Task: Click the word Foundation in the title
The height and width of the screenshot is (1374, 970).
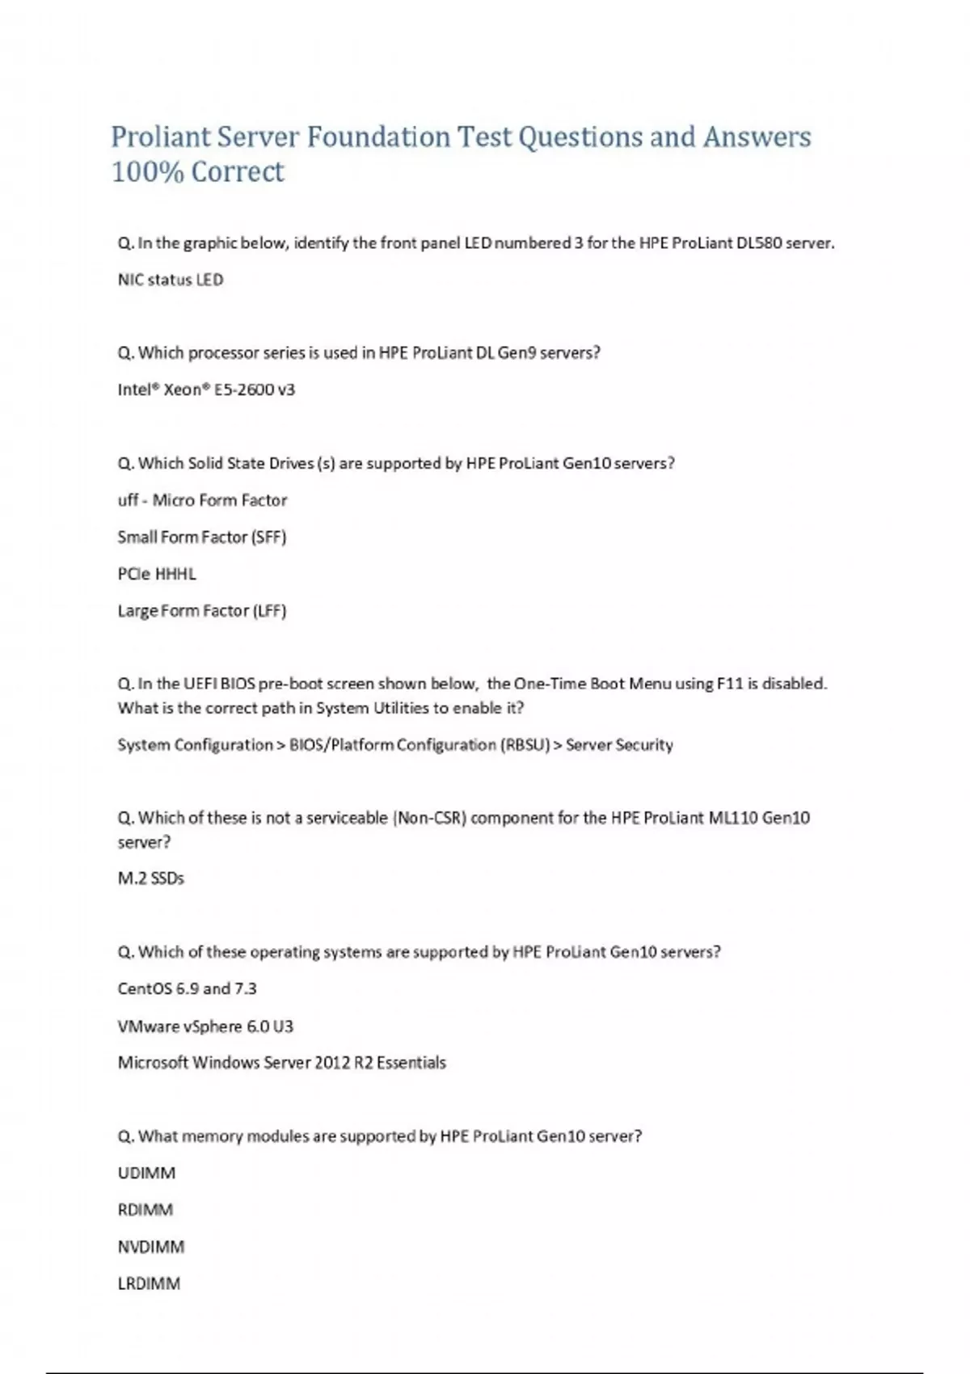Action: pos(377,137)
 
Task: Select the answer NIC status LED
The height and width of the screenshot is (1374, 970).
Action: pos(171,280)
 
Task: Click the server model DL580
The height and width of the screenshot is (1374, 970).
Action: pos(759,242)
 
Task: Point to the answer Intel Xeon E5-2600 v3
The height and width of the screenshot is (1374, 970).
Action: pos(206,390)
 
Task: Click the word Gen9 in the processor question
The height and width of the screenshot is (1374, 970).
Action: pos(517,352)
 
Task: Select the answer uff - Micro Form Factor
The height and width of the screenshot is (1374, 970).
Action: pos(202,500)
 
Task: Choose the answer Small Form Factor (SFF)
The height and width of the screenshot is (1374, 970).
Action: pos(202,537)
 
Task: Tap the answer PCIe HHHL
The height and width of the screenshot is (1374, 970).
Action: pos(157,574)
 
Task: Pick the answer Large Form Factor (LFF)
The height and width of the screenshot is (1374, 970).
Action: pos(202,611)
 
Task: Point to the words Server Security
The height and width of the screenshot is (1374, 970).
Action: pos(619,745)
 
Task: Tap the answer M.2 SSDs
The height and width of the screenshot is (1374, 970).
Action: pos(151,879)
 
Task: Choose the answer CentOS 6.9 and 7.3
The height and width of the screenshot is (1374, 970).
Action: pos(187,988)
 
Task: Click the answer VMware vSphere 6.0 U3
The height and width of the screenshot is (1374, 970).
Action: pos(205,1026)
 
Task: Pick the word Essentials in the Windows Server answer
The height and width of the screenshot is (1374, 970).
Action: pos(411,1063)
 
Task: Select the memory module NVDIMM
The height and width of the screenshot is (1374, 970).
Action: pos(151,1247)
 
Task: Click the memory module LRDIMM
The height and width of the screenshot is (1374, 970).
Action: pos(149,1283)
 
